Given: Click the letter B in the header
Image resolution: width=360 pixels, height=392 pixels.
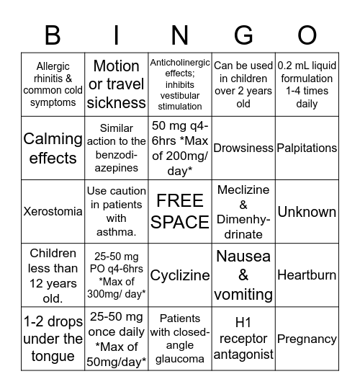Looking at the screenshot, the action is pyautogui.click(x=53, y=35).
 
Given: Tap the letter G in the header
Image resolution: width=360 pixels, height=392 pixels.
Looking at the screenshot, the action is pyautogui.click(x=243, y=35).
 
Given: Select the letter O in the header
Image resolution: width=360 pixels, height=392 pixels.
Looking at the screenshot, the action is pyautogui.click(x=307, y=35).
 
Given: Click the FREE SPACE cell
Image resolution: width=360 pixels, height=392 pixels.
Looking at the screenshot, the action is pyautogui.click(x=180, y=211).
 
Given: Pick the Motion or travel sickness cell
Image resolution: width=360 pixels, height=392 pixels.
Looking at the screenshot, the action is pyautogui.click(x=117, y=84).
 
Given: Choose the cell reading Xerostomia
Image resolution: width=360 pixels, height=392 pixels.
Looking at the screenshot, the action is pyautogui.click(x=53, y=212).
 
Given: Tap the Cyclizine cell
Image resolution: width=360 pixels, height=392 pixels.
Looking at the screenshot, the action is pyautogui.click(x=180, y=275).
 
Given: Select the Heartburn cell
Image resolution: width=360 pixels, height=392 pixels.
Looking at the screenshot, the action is pyautogui.click(x=307, y=275).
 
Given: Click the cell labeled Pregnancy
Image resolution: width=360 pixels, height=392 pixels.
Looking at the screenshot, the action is pyautogui.click(x=307, y=339).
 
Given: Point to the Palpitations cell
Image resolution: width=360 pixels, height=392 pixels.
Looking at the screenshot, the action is pyautogui.click(x=307, y=148).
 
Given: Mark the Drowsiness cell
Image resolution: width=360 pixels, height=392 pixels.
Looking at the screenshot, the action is pyautogui.click(x=243, y=148).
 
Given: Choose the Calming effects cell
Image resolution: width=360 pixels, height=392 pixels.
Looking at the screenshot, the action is pyautogui.click(x=53, y=148).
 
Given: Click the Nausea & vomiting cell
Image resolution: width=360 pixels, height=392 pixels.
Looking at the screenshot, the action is pyautogui.click(x=243, y=275).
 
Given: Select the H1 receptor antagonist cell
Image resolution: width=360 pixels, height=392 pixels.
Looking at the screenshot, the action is pyautogui.click(x=243, y=339).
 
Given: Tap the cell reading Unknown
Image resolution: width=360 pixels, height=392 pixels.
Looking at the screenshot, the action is pyautogui.click(x=307, y=212).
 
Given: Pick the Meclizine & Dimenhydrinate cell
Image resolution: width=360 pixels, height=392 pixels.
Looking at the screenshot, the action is pyautogui.click(x=243, y=212).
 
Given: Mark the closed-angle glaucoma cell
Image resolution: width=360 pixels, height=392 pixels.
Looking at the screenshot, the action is pyautogui.click(x=180, y=339).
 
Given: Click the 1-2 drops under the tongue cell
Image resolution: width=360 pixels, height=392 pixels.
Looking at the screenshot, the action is pyautogui.click(x=53, y=339).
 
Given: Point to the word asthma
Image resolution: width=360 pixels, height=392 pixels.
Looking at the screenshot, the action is pyautogui.click(x=117, y=231).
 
